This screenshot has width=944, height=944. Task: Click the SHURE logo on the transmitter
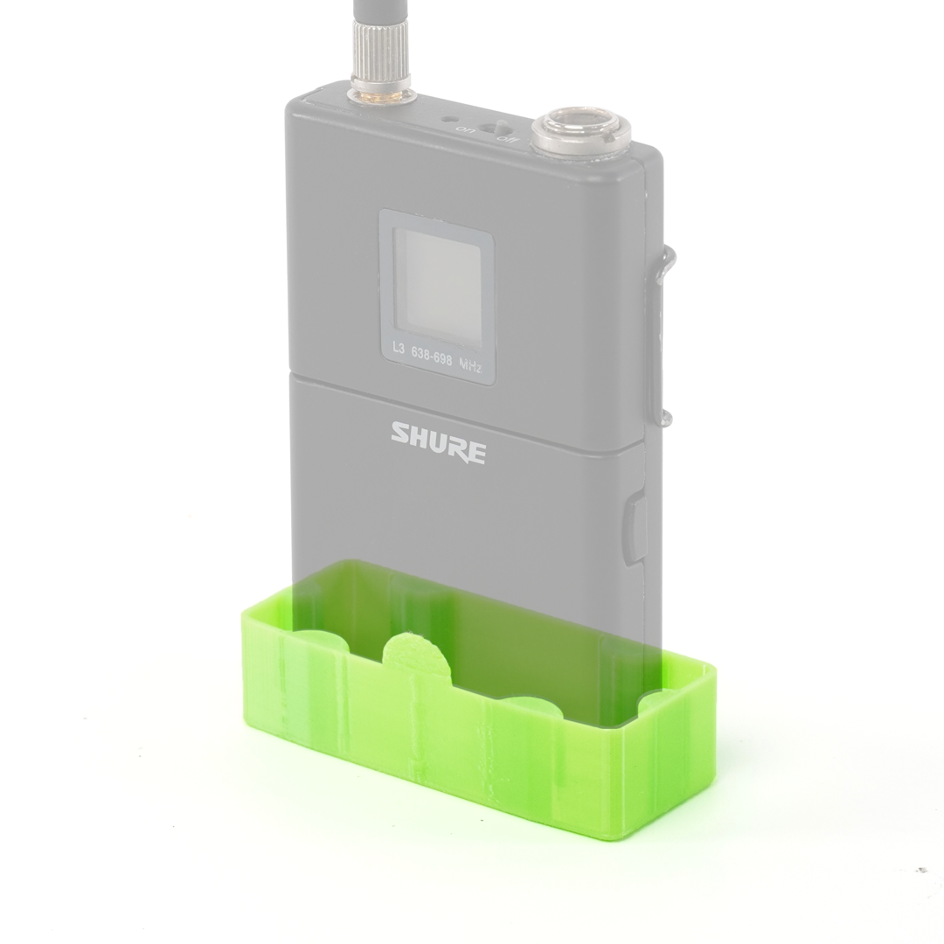(438, 442)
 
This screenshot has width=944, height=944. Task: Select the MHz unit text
(470, 364)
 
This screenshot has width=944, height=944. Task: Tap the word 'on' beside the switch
(464, 128)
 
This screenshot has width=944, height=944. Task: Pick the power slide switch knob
(500, 128)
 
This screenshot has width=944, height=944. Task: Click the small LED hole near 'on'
(448, 119)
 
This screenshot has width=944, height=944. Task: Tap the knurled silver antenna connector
(380, 55)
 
